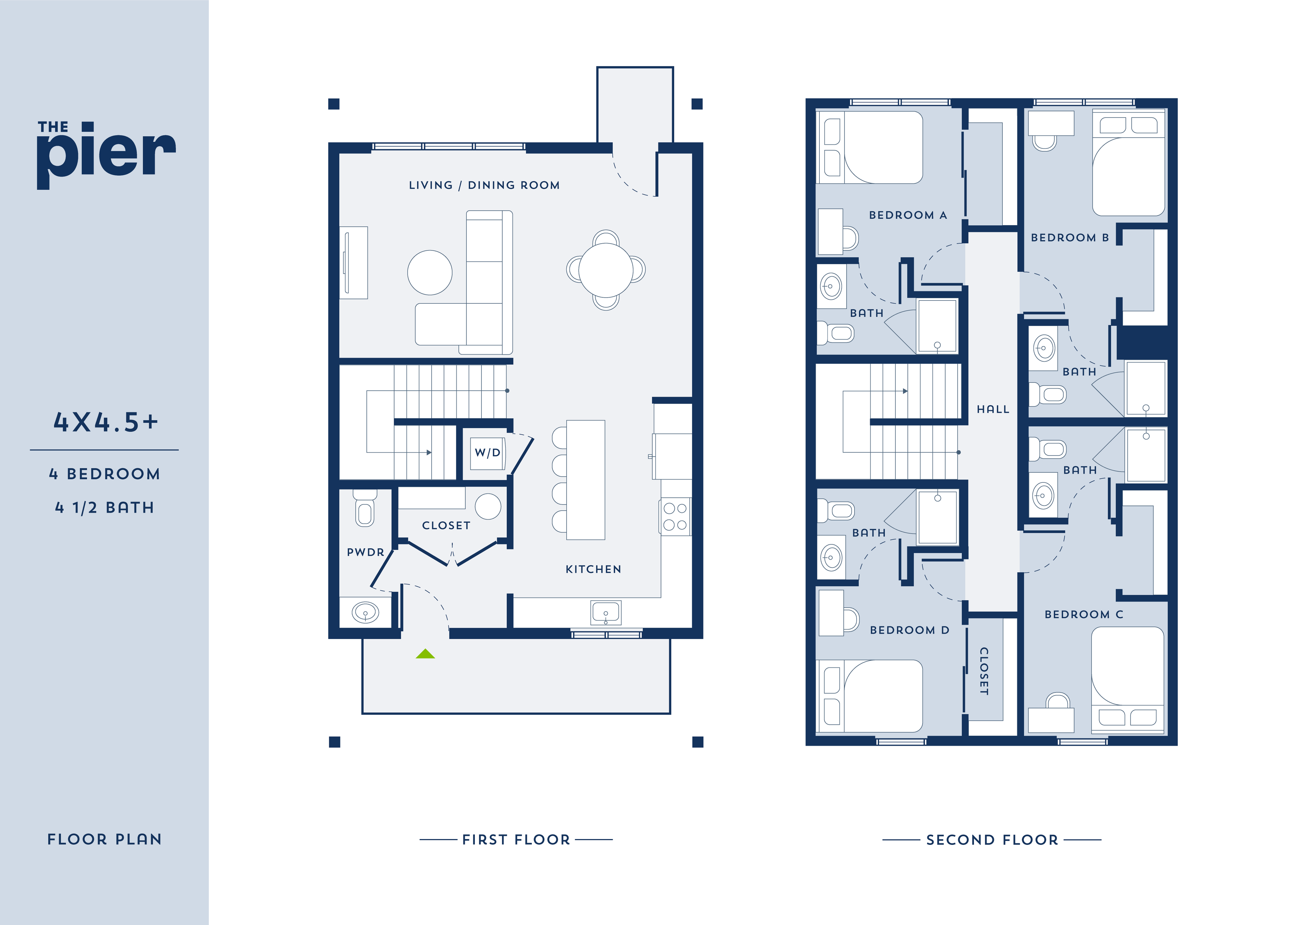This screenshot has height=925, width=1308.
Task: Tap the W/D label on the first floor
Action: pos(488,453)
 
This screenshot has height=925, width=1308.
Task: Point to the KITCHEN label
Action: pos(593,569)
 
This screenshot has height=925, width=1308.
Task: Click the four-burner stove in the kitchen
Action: pos(675,517)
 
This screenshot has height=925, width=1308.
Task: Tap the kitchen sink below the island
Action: pos(605,613)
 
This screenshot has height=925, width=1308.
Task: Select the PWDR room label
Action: pos(365,552)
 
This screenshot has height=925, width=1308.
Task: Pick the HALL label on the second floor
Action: pos(993,409)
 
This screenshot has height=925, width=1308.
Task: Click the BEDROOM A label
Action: pos(908,215)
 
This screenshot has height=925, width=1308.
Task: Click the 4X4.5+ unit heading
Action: pos(105,422)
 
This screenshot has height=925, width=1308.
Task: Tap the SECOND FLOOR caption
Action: pos(992,839)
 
